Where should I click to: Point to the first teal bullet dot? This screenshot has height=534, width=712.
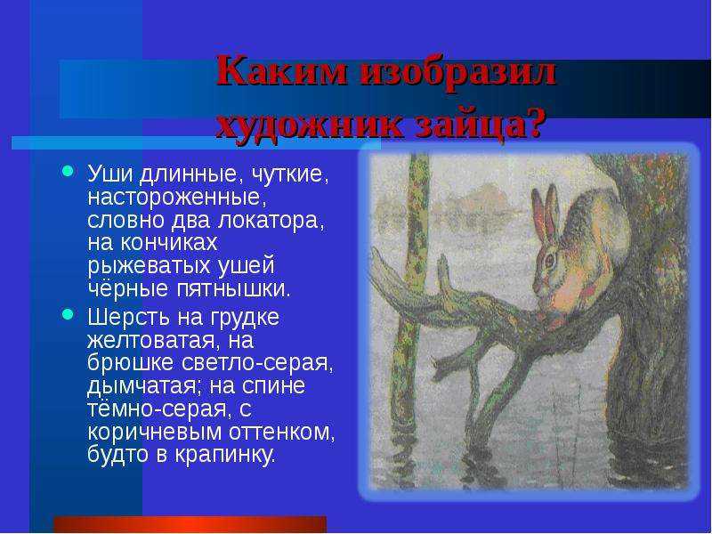[68, 171]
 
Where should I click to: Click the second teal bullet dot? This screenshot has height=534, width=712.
[68, 314]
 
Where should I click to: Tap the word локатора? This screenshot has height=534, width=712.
[271, 220]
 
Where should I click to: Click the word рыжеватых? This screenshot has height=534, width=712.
[150, 266]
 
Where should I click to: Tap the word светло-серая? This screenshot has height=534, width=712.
[258, 363]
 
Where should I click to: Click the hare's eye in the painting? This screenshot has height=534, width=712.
[549, 260]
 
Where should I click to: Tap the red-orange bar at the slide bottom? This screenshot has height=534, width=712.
[190, 524]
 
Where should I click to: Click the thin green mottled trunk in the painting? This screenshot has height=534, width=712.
[411, 295]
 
